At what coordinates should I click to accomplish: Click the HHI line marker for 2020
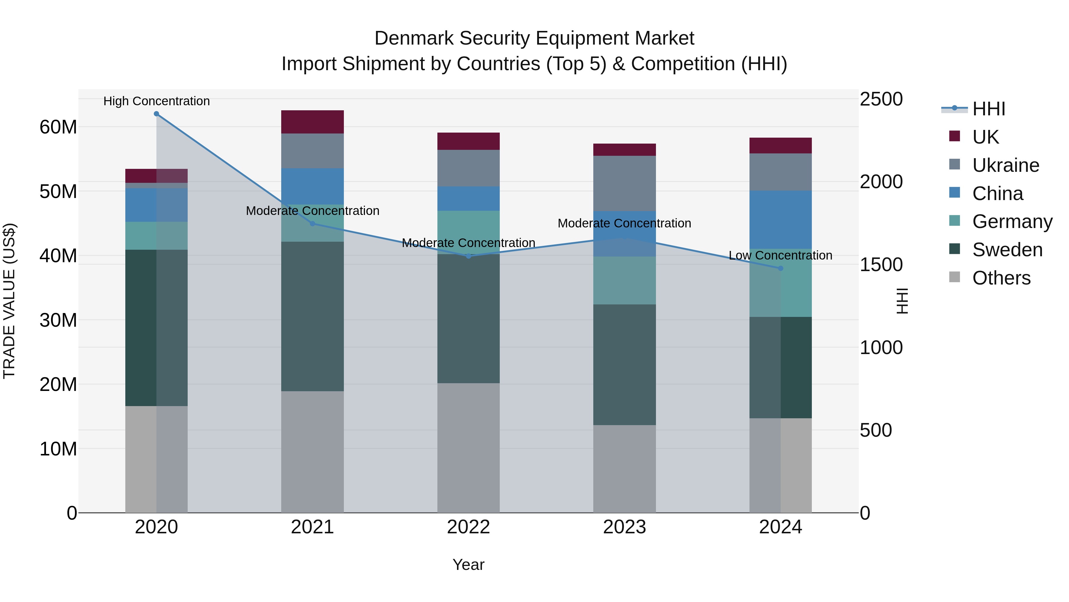pyautogui.click(x=156, y=114)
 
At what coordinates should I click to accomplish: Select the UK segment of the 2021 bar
pyautogui.click(x=312, y=122)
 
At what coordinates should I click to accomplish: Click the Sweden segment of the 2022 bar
pyautogui.click(x=469, y=319)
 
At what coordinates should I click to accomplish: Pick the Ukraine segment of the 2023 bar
pyautogui.click(x=624, y=183)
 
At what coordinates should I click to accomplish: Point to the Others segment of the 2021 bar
pyautogui.click(x=312, y=452)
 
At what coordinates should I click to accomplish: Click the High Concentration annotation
pyautogui.click(x=156, y=101)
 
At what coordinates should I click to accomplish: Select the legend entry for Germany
pyautogui.click(x=1012, y=221)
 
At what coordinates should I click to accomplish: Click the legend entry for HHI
pyautogui.click(x=989, y=109)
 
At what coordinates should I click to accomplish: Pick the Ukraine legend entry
pyautogui.click(x=1005, y=165)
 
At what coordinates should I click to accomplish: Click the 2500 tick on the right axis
pyautogui.click(x=881, y=99)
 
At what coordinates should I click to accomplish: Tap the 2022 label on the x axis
pyautogui.click(x=469, y=527)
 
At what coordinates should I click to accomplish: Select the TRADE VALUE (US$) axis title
pyautogui.click(x=9, y=301)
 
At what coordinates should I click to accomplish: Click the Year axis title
pyautogui.click(x=469, y=565)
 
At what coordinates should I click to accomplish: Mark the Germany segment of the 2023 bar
pyautogui.click(x=624, y=280)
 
